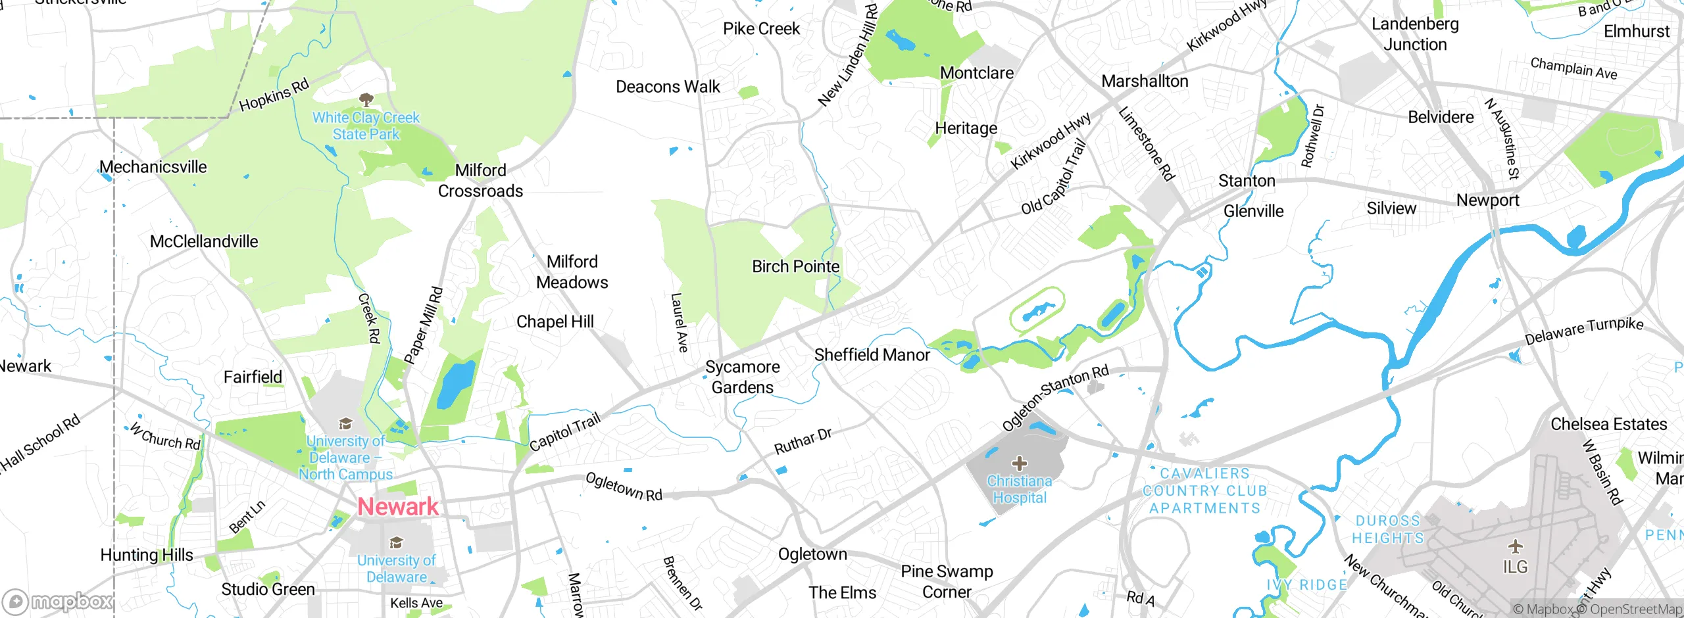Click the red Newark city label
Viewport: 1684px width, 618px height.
tap(398, 506)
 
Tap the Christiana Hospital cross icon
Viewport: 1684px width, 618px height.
tap(1019, 463)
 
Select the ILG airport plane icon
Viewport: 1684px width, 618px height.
tap(1515, 546)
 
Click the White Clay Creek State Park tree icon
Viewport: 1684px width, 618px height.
tap(366, 100)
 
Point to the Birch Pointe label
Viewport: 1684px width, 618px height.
tap(795, 267)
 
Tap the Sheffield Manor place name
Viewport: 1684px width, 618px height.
tap(872, 355)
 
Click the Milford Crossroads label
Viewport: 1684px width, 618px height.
tap(480, 181)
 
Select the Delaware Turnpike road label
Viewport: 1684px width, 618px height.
tap(1583, 331)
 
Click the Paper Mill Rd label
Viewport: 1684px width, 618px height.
tap(424, 325)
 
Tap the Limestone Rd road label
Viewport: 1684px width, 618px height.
tap(1146, 144)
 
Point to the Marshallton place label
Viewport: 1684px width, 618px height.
tap(1145, 82)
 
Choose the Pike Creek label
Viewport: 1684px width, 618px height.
tap(761, 29)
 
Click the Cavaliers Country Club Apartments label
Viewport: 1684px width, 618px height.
tap(1204, 490)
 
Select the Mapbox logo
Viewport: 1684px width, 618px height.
tap(58, 601)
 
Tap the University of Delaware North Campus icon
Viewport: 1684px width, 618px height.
tap(345, 423)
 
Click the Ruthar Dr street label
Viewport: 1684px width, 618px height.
tap(803, 442)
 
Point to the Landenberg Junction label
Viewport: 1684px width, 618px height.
tap(1415, 34)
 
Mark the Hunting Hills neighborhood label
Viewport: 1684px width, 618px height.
tap(147, 555)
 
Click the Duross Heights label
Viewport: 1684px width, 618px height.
tap(1387, 529)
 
